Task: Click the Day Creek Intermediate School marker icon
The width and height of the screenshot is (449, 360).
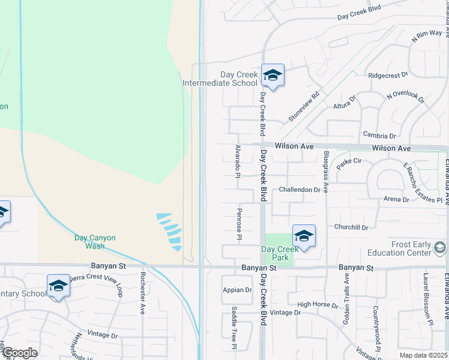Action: (x=273, y=76)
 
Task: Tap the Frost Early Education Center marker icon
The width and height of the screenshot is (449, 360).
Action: (x=440, y=247)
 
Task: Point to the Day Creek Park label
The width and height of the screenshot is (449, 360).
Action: (x=280, y=253)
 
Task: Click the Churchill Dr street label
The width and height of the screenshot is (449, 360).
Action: (x=351, y=227)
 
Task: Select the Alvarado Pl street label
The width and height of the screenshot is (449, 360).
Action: (x=238, y=160)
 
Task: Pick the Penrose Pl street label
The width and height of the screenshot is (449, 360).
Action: (x=239, y=224)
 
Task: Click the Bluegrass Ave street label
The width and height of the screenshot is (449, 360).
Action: (x=325, y=172)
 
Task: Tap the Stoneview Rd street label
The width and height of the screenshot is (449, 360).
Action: (x=304, y=107)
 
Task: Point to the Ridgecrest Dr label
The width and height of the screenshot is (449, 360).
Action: (x=388, y=76)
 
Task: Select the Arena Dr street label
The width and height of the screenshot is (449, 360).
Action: (x=396, y=199)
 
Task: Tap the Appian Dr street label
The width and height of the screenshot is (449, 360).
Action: (x=237, y=290)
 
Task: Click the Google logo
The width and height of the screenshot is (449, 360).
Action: (x=19, y=353)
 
